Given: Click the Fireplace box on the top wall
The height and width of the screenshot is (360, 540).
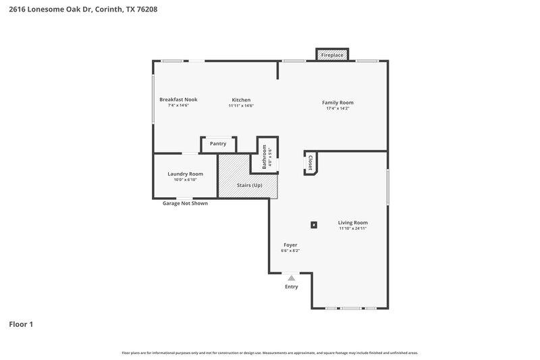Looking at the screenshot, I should tap(332, 55).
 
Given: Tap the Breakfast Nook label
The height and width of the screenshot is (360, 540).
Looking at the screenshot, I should tap(178, 99).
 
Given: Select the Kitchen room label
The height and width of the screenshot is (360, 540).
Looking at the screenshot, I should tap(241, 99).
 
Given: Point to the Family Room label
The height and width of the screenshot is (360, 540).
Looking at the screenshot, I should tap(337, 103).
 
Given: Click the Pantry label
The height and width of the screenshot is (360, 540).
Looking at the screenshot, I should tap(218, 143).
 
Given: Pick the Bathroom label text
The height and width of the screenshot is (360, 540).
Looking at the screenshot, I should tap(265, 157).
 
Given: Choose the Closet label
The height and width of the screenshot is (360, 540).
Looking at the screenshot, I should tap(310, 162).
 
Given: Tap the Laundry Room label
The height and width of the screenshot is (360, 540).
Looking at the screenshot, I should tap(185, 174).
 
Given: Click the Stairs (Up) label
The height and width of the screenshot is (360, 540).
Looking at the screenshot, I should tap(249, 185).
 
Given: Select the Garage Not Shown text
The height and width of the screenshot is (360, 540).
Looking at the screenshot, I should tap(185, 203).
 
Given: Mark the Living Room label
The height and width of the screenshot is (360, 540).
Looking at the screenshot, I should tap(353, 222).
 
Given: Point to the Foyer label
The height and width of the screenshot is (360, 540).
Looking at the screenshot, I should tap(290, 245).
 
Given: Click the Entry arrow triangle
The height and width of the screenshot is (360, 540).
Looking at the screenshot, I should tap(291, 278).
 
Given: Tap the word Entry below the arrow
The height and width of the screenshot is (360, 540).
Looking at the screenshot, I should tap(291, 287).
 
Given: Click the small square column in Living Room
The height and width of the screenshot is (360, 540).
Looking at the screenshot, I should tap(313, 224).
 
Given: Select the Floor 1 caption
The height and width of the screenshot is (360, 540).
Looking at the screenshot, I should tap(21, 324).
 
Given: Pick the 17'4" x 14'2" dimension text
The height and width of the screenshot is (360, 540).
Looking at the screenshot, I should tap(337, 109).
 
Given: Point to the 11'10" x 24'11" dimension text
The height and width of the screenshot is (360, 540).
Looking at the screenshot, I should tap(353, 228).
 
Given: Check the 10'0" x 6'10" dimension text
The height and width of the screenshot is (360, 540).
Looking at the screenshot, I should tap(185, 180).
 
